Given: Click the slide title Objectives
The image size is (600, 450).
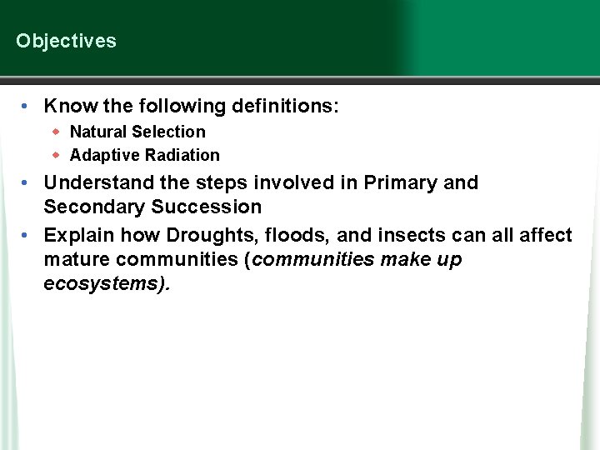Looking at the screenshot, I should coord(66,41).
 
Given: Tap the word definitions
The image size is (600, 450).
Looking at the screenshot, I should coord(287,107).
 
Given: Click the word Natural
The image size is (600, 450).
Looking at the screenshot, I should coord(98,132).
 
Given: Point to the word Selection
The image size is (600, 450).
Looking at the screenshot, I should coord(168,132).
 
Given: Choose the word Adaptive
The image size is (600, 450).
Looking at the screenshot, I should coord(105,155).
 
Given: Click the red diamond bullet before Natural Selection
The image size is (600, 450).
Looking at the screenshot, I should coord(57,132).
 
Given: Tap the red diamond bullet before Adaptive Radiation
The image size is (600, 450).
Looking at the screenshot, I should coord(57,155).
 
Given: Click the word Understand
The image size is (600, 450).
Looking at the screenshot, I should coord(92,182).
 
